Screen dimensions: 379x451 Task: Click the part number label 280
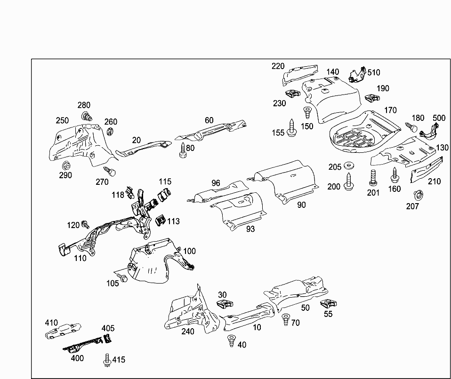(x=84, y=105)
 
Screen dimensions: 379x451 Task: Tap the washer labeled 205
(x=349, y=166)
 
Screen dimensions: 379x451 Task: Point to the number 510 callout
(x=374, y=72)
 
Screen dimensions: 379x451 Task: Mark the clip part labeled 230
(x=292, y=93)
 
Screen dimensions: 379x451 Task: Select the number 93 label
(x=250, y=229)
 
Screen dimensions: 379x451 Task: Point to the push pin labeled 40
(x=231, y=340)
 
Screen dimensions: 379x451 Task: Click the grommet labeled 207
(x=417, y=195)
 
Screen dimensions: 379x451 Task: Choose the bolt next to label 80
(x=183, y=151)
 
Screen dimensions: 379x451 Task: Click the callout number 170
(x=390, y=111)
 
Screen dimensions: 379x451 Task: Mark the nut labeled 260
(x=111, y=132)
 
